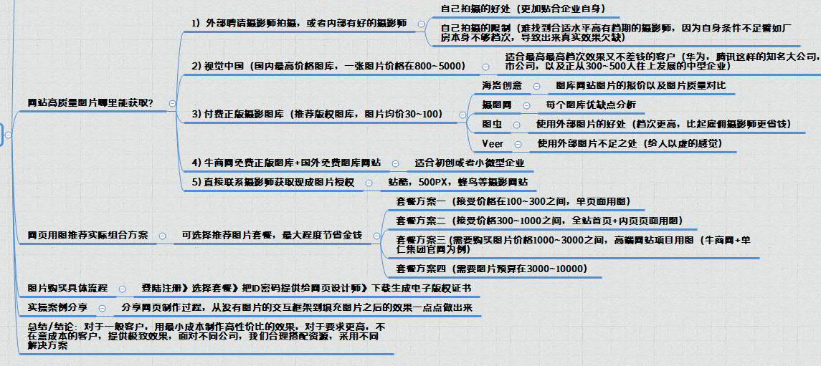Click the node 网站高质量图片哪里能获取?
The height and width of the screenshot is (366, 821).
tap(90, 103)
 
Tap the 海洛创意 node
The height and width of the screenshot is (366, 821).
tap(502, 86)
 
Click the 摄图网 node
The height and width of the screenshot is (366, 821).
tap(496, 105)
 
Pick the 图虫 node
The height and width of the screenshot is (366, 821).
tap(492, 125)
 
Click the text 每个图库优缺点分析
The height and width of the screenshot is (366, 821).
tap(590, 105)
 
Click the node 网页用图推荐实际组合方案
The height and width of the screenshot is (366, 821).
tap(87, 235)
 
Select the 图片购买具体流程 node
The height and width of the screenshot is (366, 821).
tap(67, 288)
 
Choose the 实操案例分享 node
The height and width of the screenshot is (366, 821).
tap(58, 307)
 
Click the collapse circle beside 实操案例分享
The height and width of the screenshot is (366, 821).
tap(104, 307)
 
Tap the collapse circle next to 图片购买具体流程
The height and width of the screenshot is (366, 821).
tap(122, 289)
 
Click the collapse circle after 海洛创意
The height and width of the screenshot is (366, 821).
tap(537, 86)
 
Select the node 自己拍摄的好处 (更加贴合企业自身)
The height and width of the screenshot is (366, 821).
tap(523, 9)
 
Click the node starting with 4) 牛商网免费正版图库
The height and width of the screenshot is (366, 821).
tap(286, 163)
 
